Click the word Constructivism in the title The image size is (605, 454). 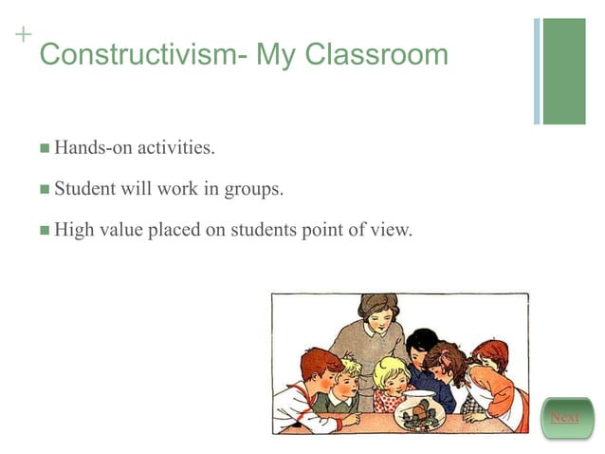[134, 54]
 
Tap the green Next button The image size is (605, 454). [565, 418]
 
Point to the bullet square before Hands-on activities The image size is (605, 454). [45, 149]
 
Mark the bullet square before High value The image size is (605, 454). [45, 230]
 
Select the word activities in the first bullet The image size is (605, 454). [175, 148]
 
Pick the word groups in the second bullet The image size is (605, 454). [253, 189]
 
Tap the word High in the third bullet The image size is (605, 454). [74, 229]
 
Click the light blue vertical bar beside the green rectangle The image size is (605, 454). [537, 71]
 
